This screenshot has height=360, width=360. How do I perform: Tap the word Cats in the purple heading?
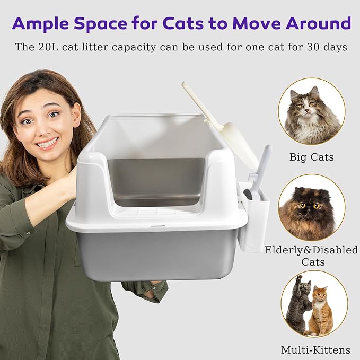click(x=190, y=23)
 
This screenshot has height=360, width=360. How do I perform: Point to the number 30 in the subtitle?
click(x=303, y=47)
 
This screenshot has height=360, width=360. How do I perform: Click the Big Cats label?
click(x=311, y=157)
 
